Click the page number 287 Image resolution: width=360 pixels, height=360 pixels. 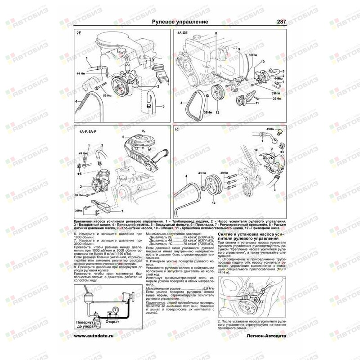(x=281, y=22)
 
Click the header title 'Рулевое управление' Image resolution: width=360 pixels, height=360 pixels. (x=180, y=22)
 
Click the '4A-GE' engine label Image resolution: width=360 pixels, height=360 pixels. (x=181, y=33)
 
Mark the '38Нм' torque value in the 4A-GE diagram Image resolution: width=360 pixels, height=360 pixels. (x=208, y=112)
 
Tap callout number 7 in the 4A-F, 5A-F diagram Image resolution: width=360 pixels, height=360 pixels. (x=122, y=211)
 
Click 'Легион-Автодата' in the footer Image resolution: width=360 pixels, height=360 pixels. (x=265, y=336)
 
